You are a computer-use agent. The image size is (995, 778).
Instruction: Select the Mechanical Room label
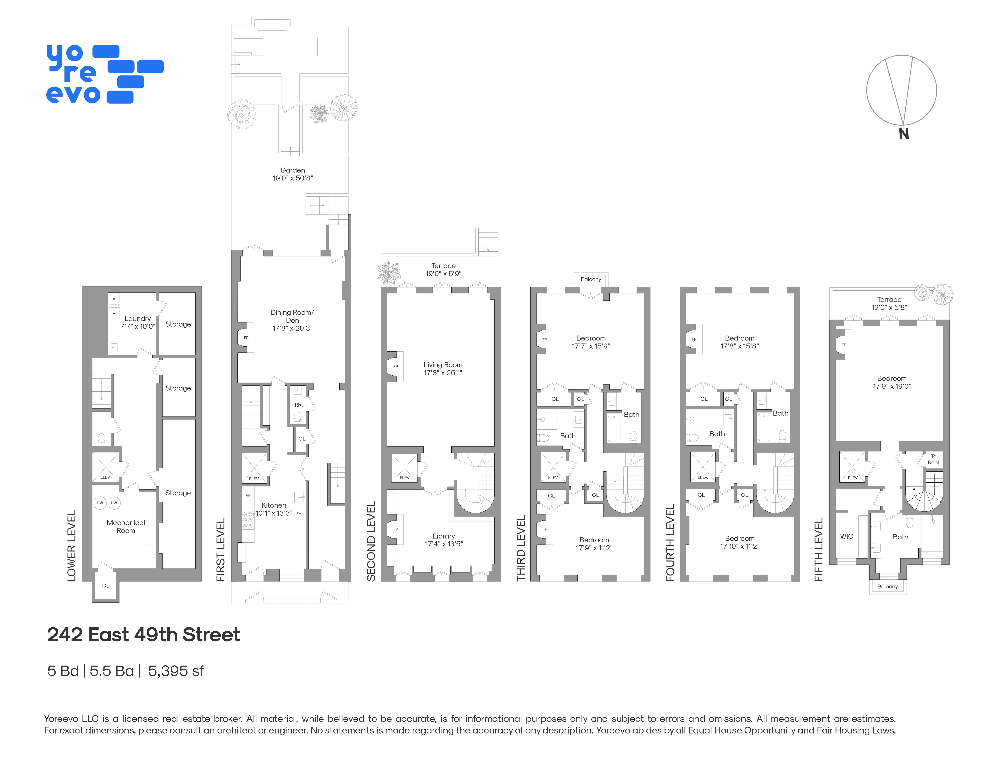[126, 526]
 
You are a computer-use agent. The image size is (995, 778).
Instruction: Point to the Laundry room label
[138, 322]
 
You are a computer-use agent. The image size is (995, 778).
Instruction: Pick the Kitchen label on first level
[274, 509]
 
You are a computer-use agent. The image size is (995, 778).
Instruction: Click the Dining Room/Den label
[292, 320]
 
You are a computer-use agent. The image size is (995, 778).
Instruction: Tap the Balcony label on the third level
[591, 279]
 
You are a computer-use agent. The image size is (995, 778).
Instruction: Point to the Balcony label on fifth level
[887, 587]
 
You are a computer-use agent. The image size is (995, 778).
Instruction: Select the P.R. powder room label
[298, 405]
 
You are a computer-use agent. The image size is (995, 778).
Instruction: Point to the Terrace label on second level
[443, 269]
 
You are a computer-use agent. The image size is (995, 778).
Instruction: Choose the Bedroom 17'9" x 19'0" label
[892, 382]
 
